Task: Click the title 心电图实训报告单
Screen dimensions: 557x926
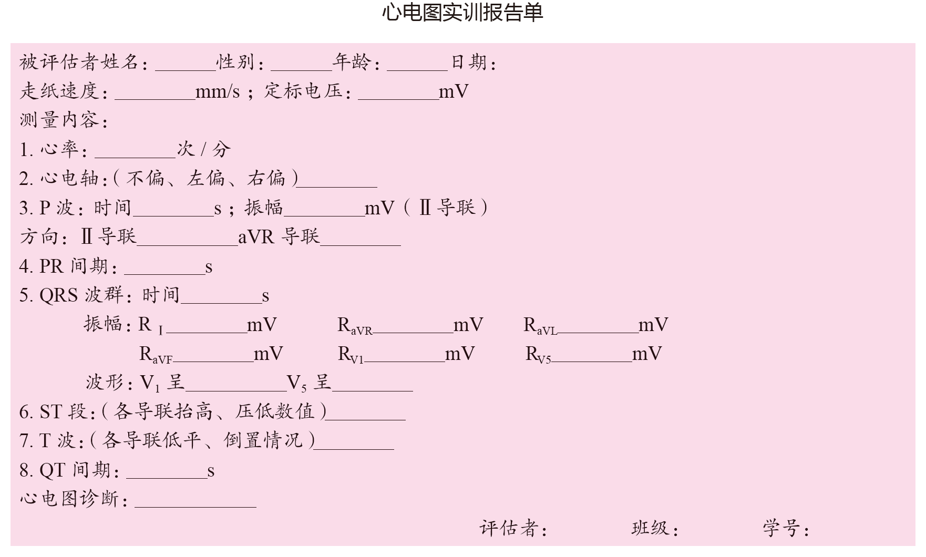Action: (462, 13)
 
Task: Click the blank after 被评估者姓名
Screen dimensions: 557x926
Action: (185, 65)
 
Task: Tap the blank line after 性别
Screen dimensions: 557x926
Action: (301, 65)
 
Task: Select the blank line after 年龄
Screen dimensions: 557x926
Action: (417, 65)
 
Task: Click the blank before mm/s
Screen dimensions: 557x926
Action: (155, 95)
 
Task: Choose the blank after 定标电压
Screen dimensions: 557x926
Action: (398, 95)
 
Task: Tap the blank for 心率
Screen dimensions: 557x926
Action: (135, 153)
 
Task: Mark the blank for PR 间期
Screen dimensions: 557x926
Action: (164, 270)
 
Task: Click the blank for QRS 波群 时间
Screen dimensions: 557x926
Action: (221, 299)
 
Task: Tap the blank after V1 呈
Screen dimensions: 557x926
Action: (236, 386)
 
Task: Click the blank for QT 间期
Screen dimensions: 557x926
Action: (167, 473)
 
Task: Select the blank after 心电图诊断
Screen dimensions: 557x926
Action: (195, 502)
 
